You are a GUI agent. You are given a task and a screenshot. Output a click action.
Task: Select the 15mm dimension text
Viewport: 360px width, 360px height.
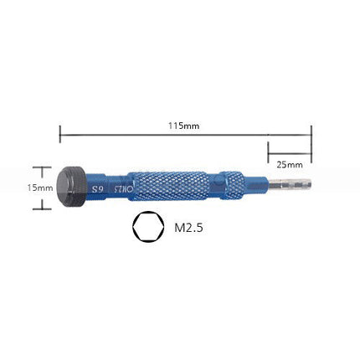click(x=39, y=188)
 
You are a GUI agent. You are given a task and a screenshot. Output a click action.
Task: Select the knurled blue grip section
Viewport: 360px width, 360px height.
click(x=173, y=187)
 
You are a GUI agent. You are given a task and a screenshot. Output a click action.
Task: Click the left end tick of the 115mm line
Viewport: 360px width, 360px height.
click(x=60, y=132)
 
